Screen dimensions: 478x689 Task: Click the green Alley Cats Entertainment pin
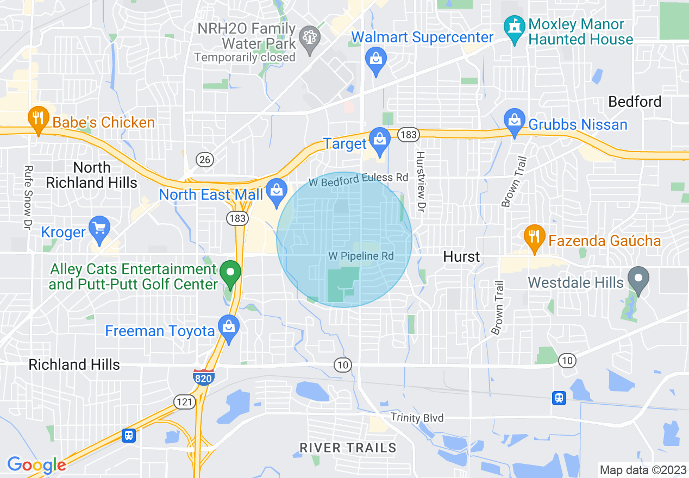click(230, 273)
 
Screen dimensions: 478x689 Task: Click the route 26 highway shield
click(206, 160)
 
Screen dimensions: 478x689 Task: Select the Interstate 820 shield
click(203, 376)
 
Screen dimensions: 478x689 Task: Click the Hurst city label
click(461, 256)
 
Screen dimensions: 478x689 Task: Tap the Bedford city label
click(635, 102)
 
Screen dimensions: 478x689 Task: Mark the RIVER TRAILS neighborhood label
click(348, 448)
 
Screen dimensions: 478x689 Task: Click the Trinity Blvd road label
click(417, 418)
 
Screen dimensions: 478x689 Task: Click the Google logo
click(36, 465)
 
